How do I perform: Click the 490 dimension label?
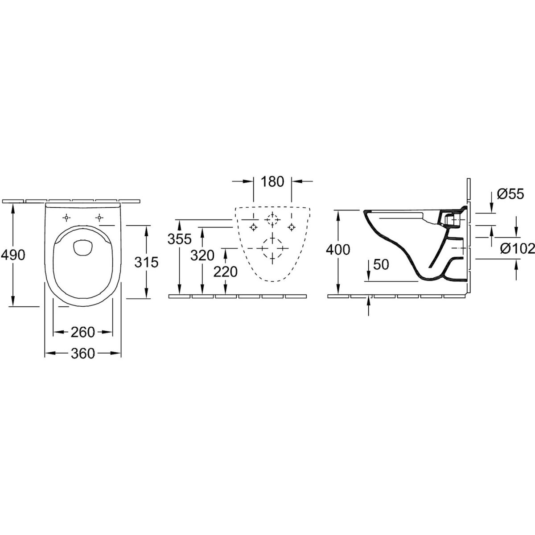pyautogui.click(x=13, y=255)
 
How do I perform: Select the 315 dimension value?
pyautogui.click(x=146, y=262)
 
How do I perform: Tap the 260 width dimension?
pyautogui.click(x=83, y=332)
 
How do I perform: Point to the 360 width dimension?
pyautogui.click(x=83, y=354)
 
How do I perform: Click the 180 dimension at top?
pyautogui.click(x=272, y=181)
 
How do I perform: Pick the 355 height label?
pyautogui.click(x=180, y=239)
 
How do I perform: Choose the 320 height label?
pyautogui.click(x=202, y=255)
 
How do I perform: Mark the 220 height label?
pyautogui.click(x=225, y=272)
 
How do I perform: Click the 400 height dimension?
pyautogui.click(x=338, y=250)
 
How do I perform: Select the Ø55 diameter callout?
pyautogui.click(x=510, y=194)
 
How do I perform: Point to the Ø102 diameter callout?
pyautogui.click(x=517, y=248)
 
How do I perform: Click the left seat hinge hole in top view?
pyautogui.click(x=66, y=218)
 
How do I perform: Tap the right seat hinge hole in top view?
pyautogui.click(x=99, y=218)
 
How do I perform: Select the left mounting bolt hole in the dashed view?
pyautogui.click(x=253, y=227)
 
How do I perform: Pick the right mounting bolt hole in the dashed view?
pyautogui.click(x=291, y=227)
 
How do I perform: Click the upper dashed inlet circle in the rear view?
pyautogui.click(x=272, y=220)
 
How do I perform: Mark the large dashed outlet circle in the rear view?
pyautogui.click(x=272, y=248)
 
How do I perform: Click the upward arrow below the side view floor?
pyautogui.click(x=369, y=306)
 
